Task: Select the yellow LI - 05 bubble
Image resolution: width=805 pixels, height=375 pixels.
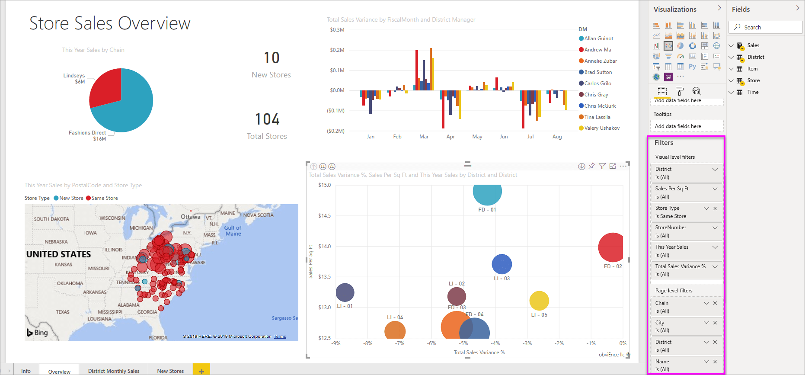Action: click(x=539, y=301)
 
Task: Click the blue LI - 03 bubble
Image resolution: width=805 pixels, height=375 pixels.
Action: click(x=502, y=264)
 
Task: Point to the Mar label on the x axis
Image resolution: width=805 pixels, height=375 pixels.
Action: click(x=424, y=137)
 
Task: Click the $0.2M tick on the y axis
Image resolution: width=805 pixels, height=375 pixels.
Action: click(x=337, y=50)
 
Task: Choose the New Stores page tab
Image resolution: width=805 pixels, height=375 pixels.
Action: click(x=170, y=371)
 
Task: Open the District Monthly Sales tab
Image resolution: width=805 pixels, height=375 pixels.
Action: click(x=114, y=371)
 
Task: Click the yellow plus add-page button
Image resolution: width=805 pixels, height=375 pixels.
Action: click(x=201, y=371)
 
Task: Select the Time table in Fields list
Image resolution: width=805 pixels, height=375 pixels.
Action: click(x=753, y=92)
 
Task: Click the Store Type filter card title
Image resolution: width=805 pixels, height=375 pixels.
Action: click(x=667, y=208)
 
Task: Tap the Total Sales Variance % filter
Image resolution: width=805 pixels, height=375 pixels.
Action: click(x=680, y=266)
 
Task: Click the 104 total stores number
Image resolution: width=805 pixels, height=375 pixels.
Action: click(x=267, y=119)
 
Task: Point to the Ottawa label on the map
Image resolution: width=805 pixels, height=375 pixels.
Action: click(x=190, y=217)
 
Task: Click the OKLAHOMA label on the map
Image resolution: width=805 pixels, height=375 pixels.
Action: click(x=70, y=283)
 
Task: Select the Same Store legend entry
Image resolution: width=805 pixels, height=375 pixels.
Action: click(x=104, y=198)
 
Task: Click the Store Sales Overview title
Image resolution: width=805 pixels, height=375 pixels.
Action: click(x=110, y=23)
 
